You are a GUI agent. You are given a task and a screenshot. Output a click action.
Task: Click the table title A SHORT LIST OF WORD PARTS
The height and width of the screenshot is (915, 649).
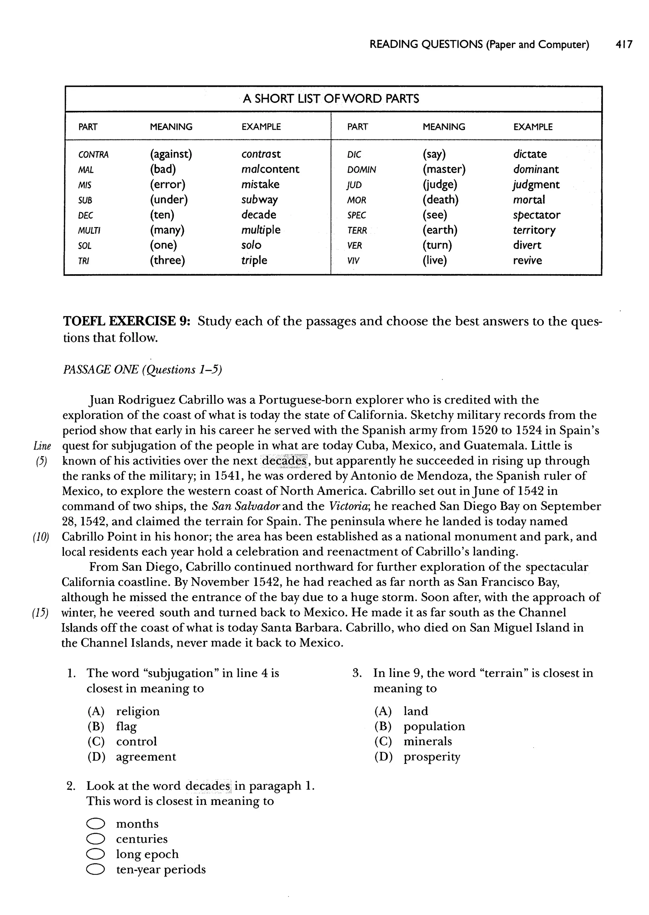coord(331,99)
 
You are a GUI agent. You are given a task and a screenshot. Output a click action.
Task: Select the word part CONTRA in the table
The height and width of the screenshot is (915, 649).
coord(93,155)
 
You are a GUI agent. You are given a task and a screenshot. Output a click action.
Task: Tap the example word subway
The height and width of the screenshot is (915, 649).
coord(259,199)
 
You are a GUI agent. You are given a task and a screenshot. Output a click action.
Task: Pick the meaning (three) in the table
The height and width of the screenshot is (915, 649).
coord(167,261)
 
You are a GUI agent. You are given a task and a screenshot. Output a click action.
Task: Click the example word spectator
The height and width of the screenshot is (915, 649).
coord(536,215)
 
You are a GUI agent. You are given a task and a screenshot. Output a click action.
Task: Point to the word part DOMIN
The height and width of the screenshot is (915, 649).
coord(361,170)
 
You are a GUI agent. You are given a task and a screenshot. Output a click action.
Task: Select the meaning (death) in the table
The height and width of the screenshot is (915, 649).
coord(440,199)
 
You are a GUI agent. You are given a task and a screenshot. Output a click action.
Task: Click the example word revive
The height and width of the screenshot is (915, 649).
coord(527,261)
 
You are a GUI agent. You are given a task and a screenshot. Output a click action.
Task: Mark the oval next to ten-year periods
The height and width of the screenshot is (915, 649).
coord(95,869)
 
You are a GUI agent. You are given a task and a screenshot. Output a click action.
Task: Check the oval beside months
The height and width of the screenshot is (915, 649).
coord(95,824)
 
